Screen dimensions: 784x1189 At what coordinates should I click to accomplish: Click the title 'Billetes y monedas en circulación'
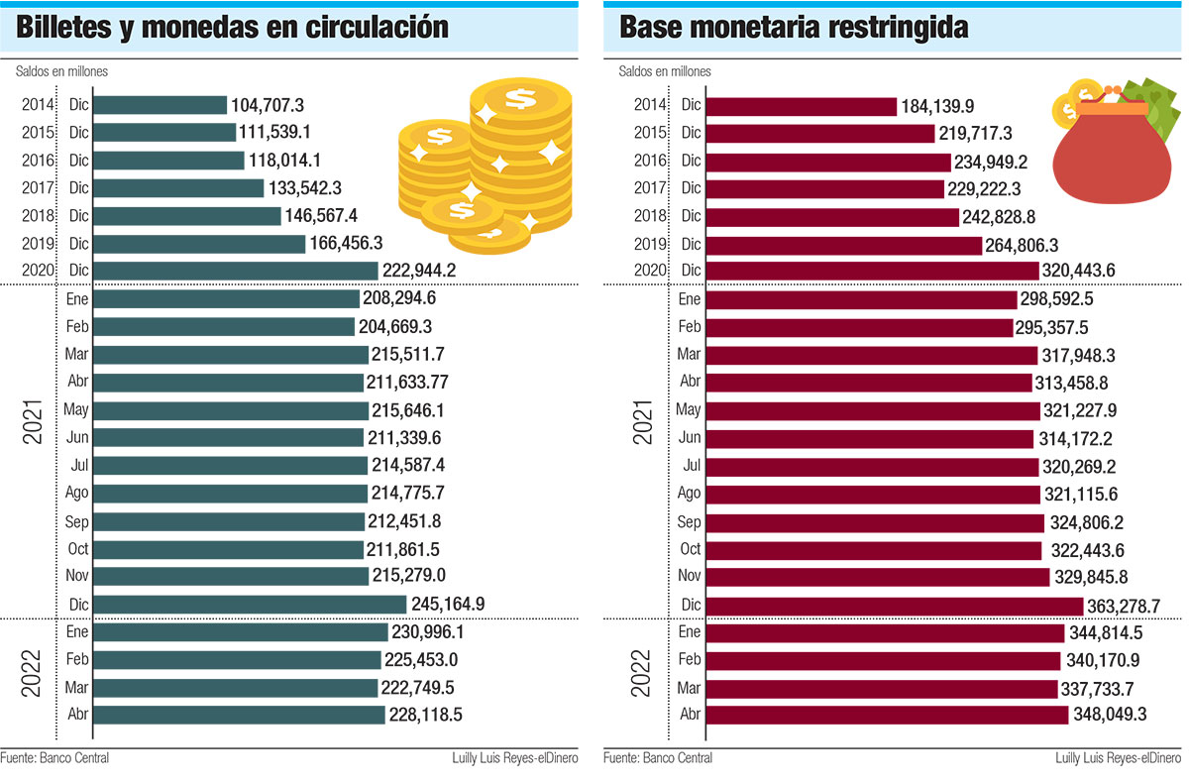[233, 27]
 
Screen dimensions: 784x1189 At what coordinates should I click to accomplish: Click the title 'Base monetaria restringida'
[794, 27]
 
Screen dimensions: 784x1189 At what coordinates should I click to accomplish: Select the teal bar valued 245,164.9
[250, 604]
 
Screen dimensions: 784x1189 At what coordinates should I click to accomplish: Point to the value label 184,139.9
[936, 105]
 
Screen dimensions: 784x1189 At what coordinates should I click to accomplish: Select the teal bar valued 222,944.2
[236, 271]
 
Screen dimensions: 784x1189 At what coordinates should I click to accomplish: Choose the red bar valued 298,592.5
[862, 298]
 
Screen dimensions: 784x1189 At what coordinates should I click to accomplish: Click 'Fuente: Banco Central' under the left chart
[54, 759]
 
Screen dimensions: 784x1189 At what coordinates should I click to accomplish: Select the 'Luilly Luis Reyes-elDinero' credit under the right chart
[1119, 759]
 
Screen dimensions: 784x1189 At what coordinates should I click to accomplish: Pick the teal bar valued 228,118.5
[239, 714]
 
